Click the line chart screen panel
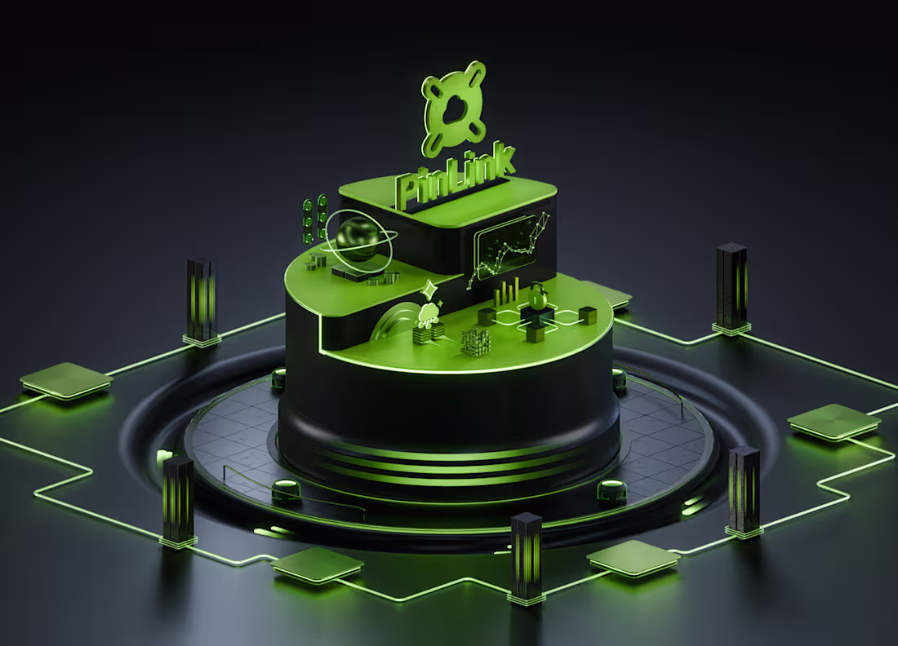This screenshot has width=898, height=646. (510, 248)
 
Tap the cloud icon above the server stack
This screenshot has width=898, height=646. (429, 312)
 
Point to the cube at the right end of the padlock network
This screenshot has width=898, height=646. (588, 315)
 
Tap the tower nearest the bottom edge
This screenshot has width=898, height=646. (526, 556)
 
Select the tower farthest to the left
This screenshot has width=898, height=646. (178, 499)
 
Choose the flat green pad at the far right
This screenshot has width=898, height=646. (834, 421)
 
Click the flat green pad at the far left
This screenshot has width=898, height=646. (65, 379)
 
